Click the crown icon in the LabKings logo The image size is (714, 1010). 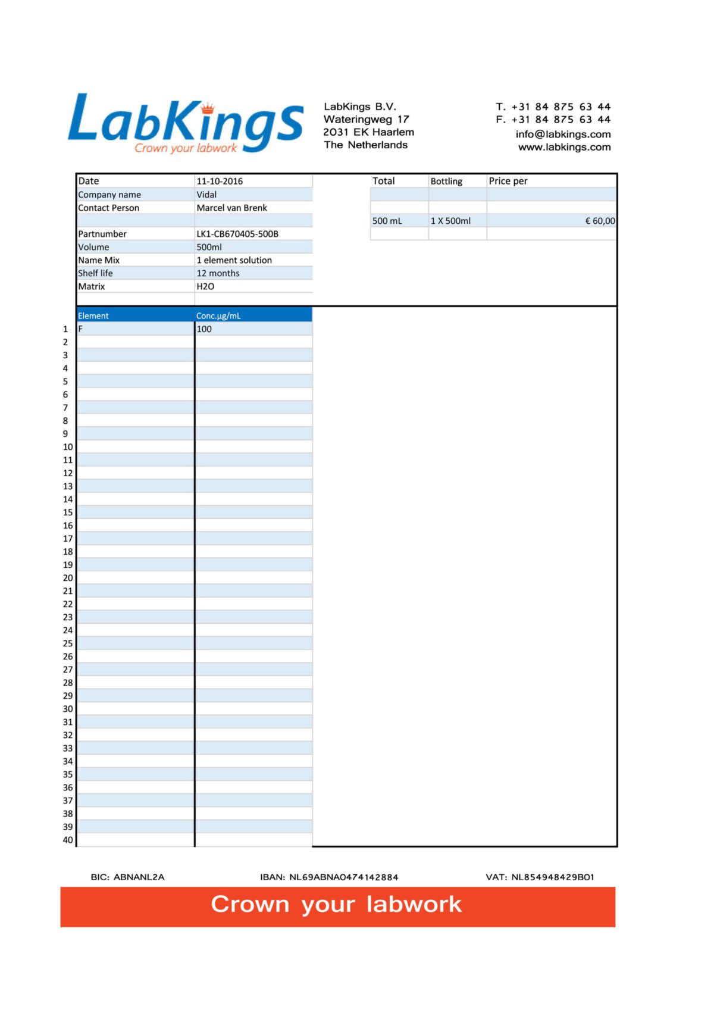click(x=207, y=108)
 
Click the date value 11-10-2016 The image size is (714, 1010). click(x=220, y=181)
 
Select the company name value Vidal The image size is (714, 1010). click(x=206, y=195)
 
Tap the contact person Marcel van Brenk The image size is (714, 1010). click(x=231, y=208)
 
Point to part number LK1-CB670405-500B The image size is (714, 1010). click(x=237, y=234)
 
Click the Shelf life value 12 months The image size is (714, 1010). click(x=218, y=273)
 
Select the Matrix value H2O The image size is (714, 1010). click(x=205, y=286)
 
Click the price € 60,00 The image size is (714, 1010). click(x=600, y=221)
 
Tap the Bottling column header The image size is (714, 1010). click(x=446, y=181)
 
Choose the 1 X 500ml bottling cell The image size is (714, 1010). click(x=450, y=221)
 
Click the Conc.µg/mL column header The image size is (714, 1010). click(x=218, y=315)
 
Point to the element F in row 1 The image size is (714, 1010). click(x=80, y=329)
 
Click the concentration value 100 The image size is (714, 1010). click(x=204, y=329)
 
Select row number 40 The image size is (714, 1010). click(x=68, y=840)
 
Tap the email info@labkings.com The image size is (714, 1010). click(x=563, y=135)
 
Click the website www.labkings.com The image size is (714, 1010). click(x=564, y=147)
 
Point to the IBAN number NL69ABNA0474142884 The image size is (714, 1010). click(x=343, y=877)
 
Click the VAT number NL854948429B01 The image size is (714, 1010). click(x=553, y=877)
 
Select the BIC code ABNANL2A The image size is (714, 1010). click(x=139, y=877)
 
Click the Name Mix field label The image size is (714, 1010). click(x=99, y=260)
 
